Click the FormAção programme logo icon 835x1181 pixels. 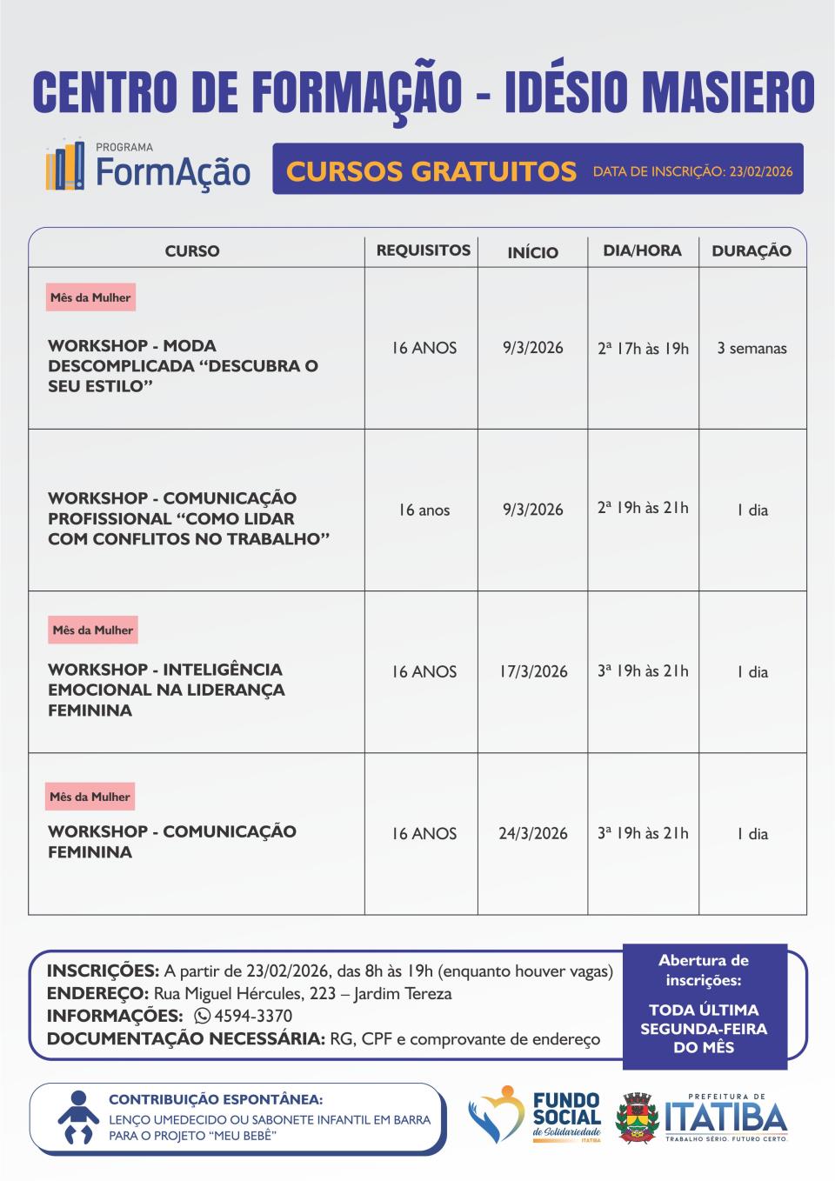(x=65, y=166)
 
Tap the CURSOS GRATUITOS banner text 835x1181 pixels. (x=431, y=170)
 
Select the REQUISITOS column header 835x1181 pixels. (x=423, y=250)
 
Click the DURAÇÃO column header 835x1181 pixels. (x=751, y=251)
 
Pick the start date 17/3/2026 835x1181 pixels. (x=533, y=671)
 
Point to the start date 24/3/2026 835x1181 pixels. (x=532, y=833)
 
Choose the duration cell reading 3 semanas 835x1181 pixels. (x=751, y=348)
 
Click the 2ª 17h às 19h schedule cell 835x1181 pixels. (x=643, y=348)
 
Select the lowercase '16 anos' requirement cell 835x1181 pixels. (x=424, y=510)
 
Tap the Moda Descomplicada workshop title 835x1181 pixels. (x=183, y=365)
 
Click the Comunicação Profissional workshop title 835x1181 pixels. (x=189, y=518)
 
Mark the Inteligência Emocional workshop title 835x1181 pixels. (x=166, y=690)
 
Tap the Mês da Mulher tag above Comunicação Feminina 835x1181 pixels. (x=90, y=797)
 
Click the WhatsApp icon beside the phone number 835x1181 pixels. (x=202, y=1016)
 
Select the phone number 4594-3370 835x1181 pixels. (x=253, y=1016)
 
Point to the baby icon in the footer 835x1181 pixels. (x=78, y=1118)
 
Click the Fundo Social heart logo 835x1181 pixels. (x=495, y=1116)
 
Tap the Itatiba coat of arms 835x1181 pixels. (x=638, y=1118)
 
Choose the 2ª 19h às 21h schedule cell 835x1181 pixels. (x=643, y=508)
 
